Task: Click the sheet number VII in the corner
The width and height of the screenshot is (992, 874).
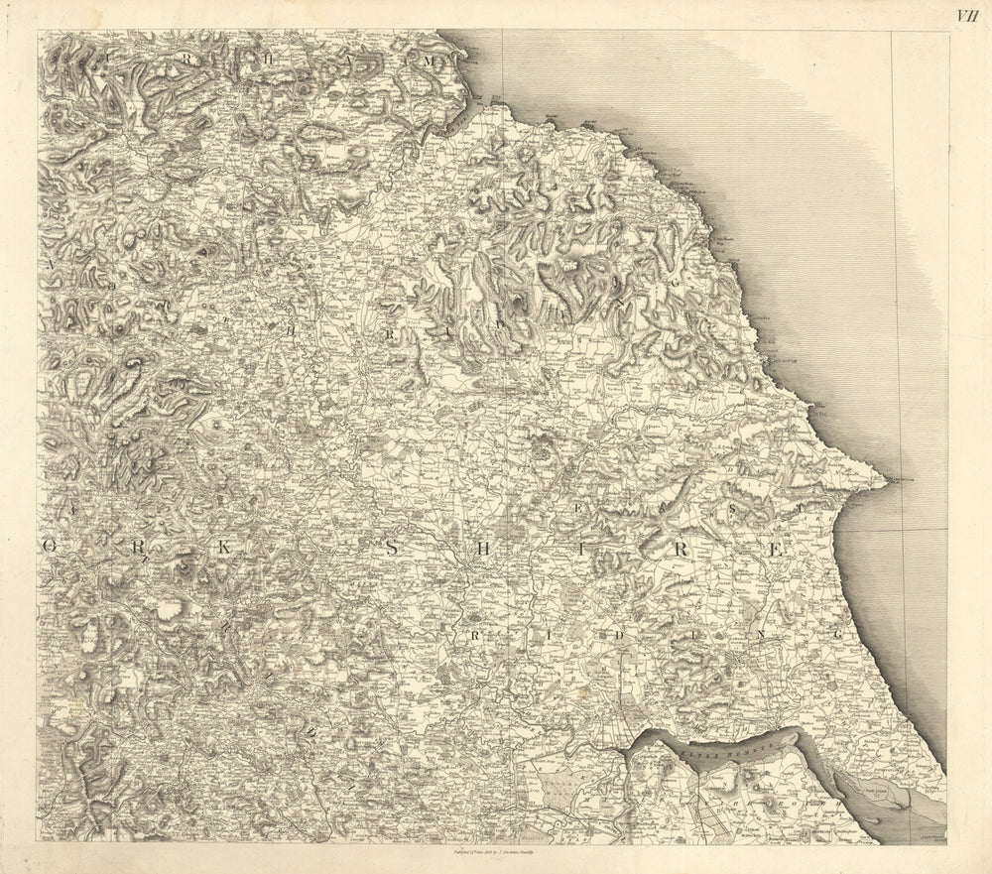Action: [966, 15]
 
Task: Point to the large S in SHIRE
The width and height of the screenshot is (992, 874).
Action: [392, 548]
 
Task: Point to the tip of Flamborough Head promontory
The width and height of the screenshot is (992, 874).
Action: [885, 483]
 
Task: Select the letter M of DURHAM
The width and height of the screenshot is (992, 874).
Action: [430, 61]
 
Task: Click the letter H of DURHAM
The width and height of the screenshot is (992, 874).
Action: [266, 59]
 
